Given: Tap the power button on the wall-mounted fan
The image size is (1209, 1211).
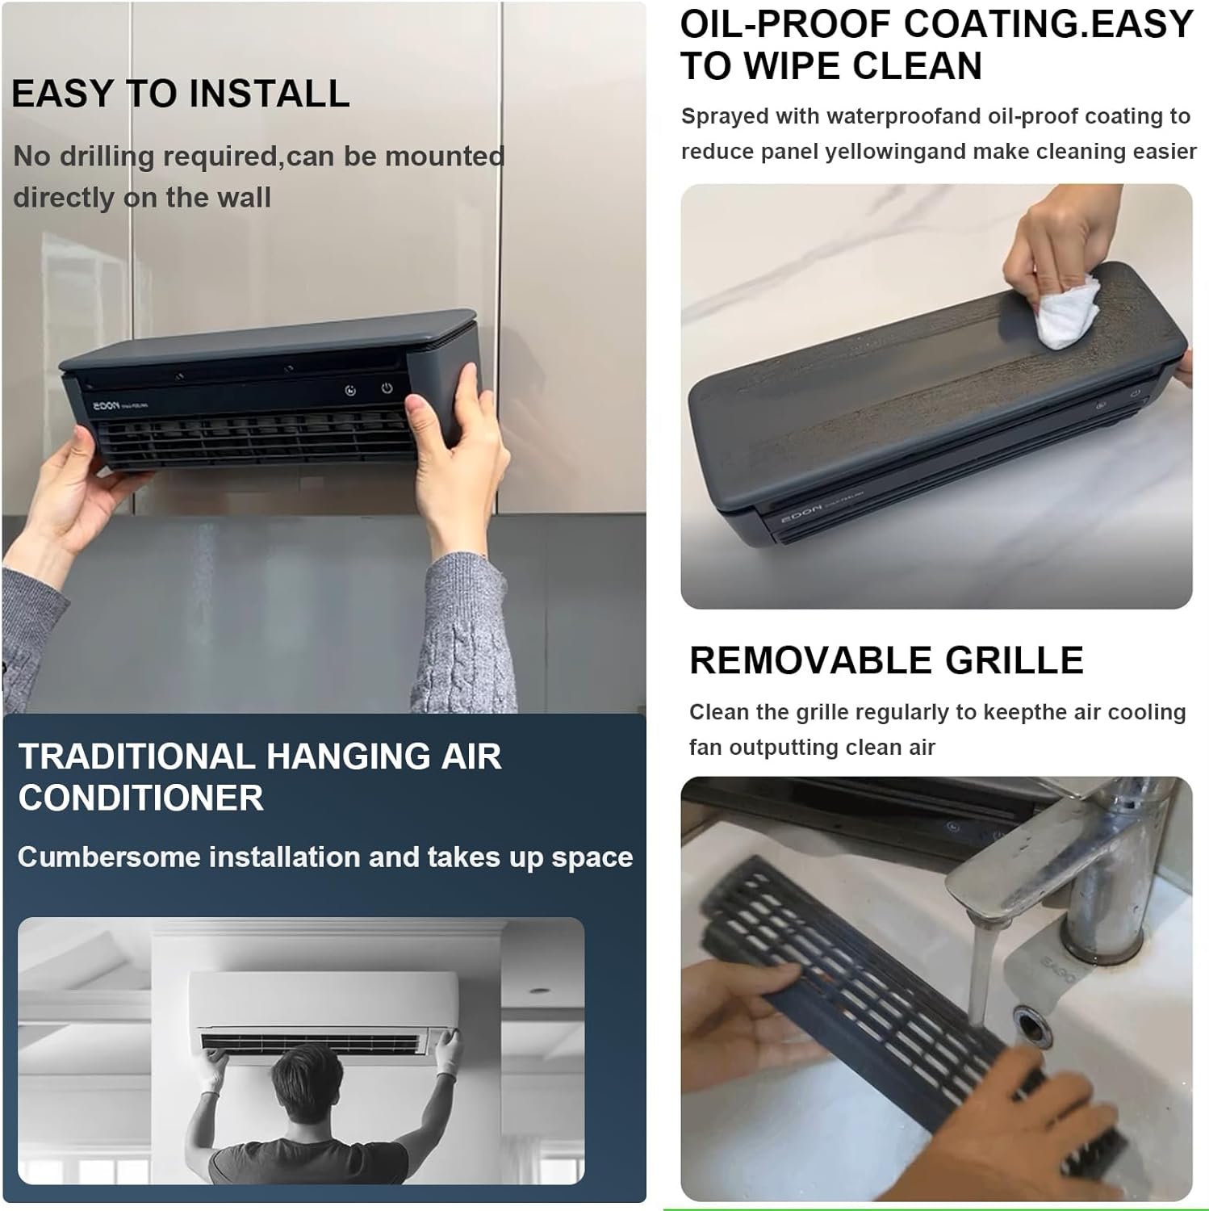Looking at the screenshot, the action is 387,388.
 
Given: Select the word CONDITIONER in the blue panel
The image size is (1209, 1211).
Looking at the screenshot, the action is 141,798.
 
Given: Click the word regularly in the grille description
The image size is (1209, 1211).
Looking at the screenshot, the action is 897,713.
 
